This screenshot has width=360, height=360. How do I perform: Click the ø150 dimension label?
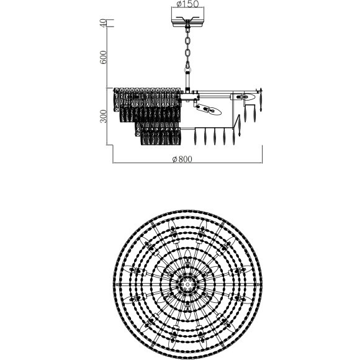[x=187, y=4]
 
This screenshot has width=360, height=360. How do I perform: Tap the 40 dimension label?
[x=103, y=23]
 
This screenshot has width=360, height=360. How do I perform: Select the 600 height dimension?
[x=103, y=57]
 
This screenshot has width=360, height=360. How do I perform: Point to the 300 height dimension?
[x=104, y=116]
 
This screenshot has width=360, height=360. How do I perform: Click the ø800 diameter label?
[x=182, y=159]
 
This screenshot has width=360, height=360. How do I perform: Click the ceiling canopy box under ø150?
[x=188, y=17]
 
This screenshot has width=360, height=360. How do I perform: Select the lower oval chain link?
[x=188, y=55]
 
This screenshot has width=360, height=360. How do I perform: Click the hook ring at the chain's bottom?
[x=188, y=69]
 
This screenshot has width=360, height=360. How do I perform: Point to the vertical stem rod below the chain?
[x=188, y=81]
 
